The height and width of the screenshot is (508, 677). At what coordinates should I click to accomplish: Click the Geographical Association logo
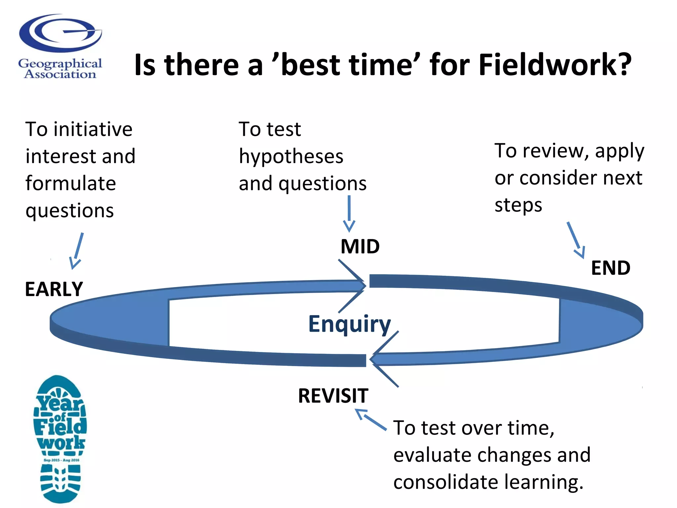(60, 46)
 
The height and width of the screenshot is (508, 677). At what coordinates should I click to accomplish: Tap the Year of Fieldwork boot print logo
(60, 439)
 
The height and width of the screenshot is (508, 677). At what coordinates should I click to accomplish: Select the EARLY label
(54, 289)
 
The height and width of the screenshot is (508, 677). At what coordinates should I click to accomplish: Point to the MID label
(360, 247)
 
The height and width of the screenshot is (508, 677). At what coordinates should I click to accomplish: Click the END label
(611, 268)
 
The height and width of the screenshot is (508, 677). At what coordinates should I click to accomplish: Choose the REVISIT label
(333, 396)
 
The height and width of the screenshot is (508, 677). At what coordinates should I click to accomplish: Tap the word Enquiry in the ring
(349, 324)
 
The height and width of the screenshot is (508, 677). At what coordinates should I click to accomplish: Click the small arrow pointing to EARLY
(77, 251)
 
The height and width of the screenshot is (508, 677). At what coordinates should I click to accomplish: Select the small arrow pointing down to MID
(349, 214)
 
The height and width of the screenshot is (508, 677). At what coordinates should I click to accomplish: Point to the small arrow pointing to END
(576, 240)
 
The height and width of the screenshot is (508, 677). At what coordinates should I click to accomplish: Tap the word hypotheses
(291, 156)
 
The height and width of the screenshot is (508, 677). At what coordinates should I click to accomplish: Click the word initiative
(93, 129)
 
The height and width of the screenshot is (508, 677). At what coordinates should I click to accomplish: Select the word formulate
(71, 184)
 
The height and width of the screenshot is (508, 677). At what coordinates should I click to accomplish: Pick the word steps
(518, 205)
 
